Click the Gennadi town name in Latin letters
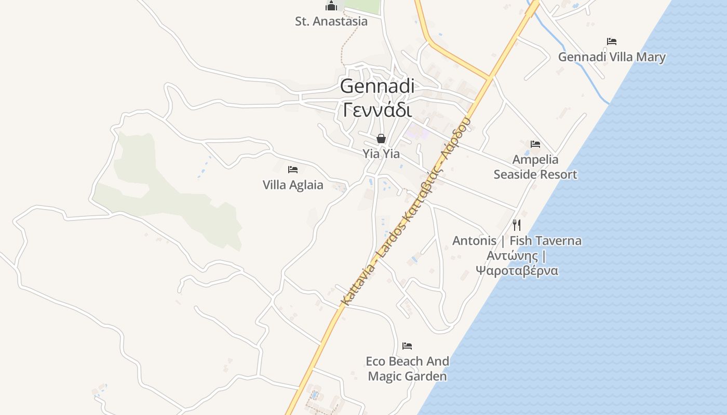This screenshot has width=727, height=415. coord(378,86)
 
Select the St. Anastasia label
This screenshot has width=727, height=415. coord(331,21)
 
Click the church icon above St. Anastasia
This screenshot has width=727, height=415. coord(331,6)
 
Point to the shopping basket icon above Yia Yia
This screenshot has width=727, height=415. coord(381,139)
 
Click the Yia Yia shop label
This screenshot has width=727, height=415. coord(381,154)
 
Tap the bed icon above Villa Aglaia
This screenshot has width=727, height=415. coord(293,170)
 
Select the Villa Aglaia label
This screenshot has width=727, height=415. coord(293,185)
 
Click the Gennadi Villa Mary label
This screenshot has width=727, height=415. coord(612,57)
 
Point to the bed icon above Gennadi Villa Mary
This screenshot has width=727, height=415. coord(612,41)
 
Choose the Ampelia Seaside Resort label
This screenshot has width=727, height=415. coord(535,167)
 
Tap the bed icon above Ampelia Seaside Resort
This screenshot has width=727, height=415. coord(535,144)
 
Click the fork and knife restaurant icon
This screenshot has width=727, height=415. coord(517,225)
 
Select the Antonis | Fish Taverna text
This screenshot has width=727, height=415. coord(517,241)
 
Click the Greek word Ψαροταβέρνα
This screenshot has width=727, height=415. coord(517,270)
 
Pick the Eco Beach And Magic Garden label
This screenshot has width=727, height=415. coord(408,368)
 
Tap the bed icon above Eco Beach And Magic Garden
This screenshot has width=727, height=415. coord(407,345)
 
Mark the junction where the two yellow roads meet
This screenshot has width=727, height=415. coord(489,78)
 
